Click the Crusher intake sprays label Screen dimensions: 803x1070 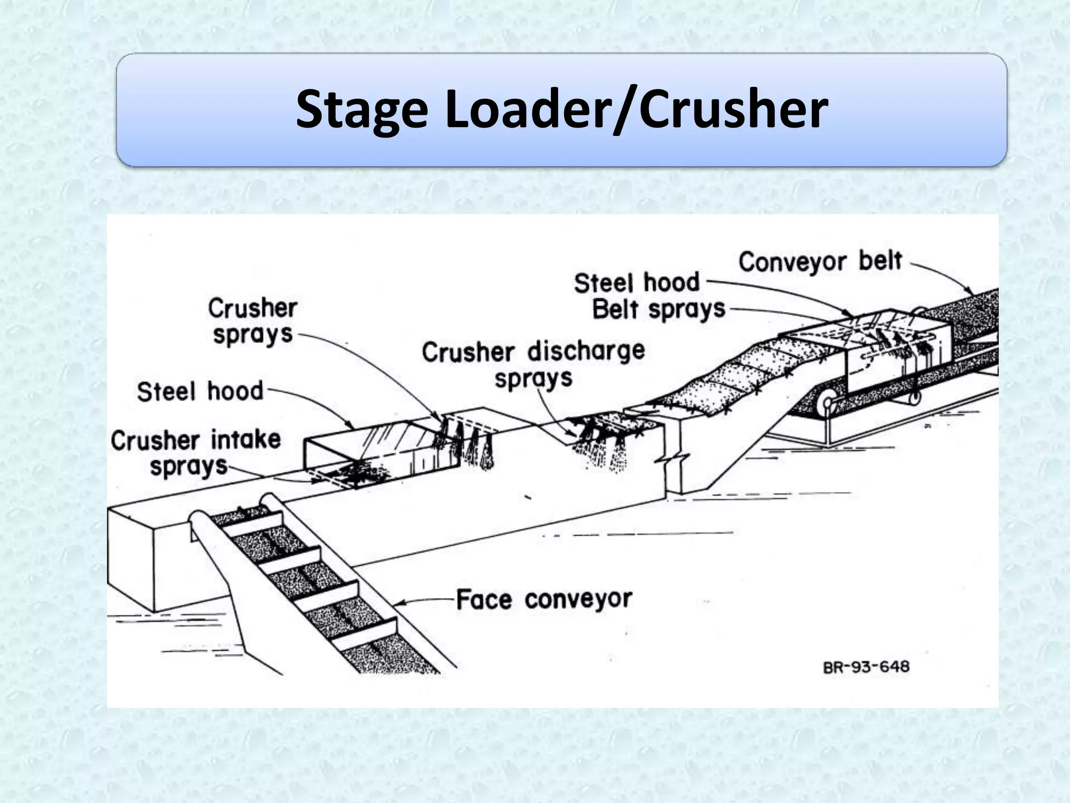pyautogui.click(x=195, y=453)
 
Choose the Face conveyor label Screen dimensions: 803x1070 pyautogui.click(x=544, y=599)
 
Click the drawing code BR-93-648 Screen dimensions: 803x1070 pyautogui.click(x=866, y=668)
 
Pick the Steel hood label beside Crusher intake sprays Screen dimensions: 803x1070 pyautogui.click(x=200, y=392)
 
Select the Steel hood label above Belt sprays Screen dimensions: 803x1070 pyautogui.click(x=636, y=283)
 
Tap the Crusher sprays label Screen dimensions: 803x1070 pyautogui.click(x=252, y=321)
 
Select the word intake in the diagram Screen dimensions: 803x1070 pyautogui.click(x=246, y=440)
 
